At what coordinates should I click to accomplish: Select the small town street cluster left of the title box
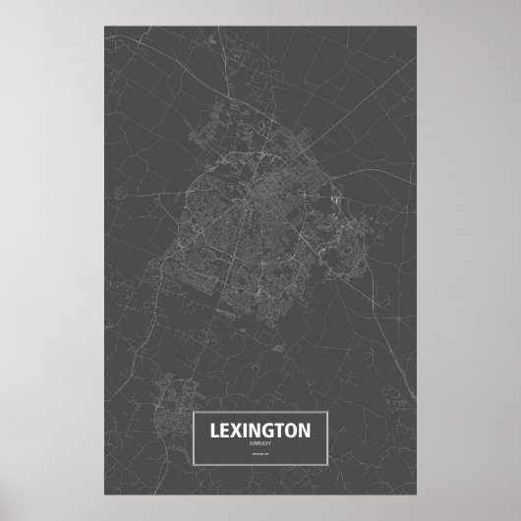coord(171,393)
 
